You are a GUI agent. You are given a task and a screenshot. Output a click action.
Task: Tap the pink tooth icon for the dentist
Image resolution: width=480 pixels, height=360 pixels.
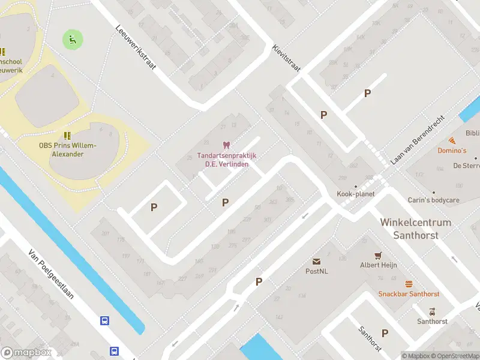point(226,145)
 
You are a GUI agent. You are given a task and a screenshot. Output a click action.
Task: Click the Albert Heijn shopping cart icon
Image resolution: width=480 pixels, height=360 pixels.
point(378,256)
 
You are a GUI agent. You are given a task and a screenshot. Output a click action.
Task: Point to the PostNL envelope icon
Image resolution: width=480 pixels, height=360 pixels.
point(316,262)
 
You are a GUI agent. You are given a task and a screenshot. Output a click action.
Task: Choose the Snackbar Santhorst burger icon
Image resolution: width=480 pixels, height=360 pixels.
point(409,284)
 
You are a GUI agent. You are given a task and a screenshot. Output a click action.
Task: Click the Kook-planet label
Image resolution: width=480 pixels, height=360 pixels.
point(356,194)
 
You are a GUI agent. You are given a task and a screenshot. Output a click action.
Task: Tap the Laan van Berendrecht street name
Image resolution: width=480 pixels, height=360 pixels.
point(418,141)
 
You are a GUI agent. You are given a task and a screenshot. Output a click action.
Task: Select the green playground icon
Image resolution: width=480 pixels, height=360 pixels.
point(73,40)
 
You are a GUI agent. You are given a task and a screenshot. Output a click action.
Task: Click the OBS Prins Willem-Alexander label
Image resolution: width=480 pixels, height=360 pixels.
point(68,149)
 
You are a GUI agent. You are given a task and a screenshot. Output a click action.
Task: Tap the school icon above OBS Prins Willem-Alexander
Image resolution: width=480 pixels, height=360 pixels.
point(67,135)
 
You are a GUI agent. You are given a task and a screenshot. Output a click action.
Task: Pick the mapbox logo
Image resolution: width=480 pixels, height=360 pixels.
point(26,353)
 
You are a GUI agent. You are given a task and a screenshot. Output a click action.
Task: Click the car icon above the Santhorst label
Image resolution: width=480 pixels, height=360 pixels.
point(432,311)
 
